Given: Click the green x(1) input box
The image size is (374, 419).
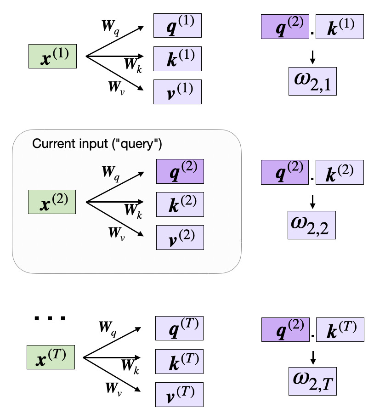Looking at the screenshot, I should tap(52, 56).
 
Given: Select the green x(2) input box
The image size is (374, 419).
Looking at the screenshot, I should tap(52, 203).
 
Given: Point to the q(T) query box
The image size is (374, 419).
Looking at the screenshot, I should tap(179, 328).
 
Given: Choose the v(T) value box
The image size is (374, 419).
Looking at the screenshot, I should tap(179, 394).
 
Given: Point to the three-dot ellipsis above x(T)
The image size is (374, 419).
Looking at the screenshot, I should tap(51, 317).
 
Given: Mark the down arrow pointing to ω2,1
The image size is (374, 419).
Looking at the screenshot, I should tap(312, 57).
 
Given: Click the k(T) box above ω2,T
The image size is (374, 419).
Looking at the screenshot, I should tap(340, 330).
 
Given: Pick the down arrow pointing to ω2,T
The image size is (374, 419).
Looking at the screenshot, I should tap(312, 356).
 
